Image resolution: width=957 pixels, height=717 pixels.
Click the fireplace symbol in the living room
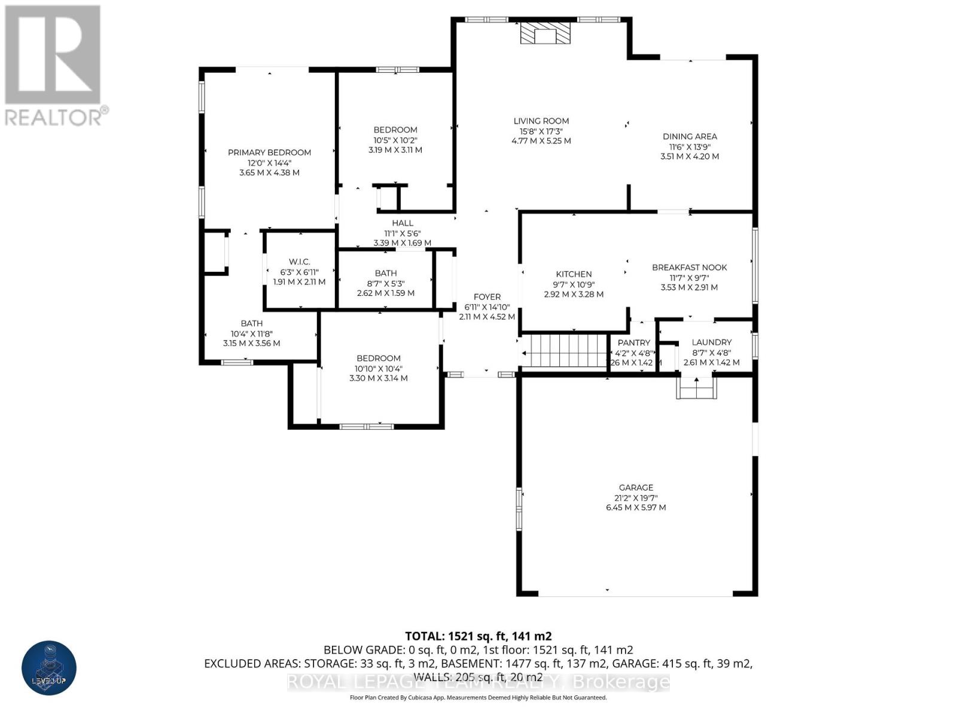pos(544,34)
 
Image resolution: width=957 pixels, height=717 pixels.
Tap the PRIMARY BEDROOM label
pos(269,152)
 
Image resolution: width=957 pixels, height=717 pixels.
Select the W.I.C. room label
pos(299,261)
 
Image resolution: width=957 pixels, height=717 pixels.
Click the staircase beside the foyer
pos(565,351)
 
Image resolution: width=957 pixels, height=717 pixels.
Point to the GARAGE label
pos(636,488)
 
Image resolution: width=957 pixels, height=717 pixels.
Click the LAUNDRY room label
pos(711,342)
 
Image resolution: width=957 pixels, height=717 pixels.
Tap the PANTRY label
pos(633,343)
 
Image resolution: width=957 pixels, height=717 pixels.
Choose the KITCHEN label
pos(574,274)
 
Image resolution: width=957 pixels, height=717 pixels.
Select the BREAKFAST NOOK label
pos(689,267)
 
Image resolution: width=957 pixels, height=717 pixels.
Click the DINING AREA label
pos(689,136)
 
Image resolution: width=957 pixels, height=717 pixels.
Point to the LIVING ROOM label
pos(541,121)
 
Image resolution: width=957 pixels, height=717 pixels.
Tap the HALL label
pos(403,223)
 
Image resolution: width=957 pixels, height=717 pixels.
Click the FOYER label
pos(487,297)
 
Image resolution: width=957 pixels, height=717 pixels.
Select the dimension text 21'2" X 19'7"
pos(636,498)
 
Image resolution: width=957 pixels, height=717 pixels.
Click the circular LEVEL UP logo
pos(49,668)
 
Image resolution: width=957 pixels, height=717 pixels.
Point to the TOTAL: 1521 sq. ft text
pos(478,636)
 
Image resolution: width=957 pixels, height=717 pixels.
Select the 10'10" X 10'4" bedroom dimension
pos(378,369)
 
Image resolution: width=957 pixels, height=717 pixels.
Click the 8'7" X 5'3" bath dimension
pos(386,283)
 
